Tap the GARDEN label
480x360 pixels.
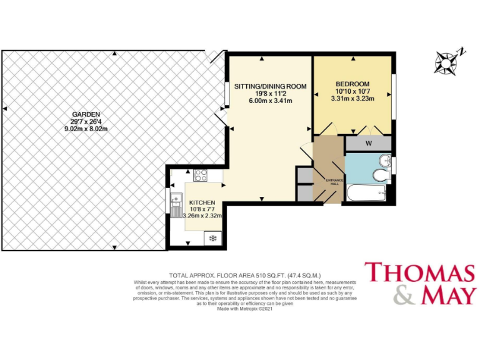(x=86, y=114)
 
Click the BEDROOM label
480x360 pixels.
(x=352, y=84)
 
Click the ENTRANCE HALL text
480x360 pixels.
(x=336, y=181)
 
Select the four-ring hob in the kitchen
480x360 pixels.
(x=201, y=176)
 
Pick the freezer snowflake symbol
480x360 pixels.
(x=212, y=238)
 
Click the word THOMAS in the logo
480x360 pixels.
(x=419, y=274)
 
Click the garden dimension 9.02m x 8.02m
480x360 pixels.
(x=86, y=129)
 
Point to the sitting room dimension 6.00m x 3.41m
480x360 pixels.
(x=271, y=101)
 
